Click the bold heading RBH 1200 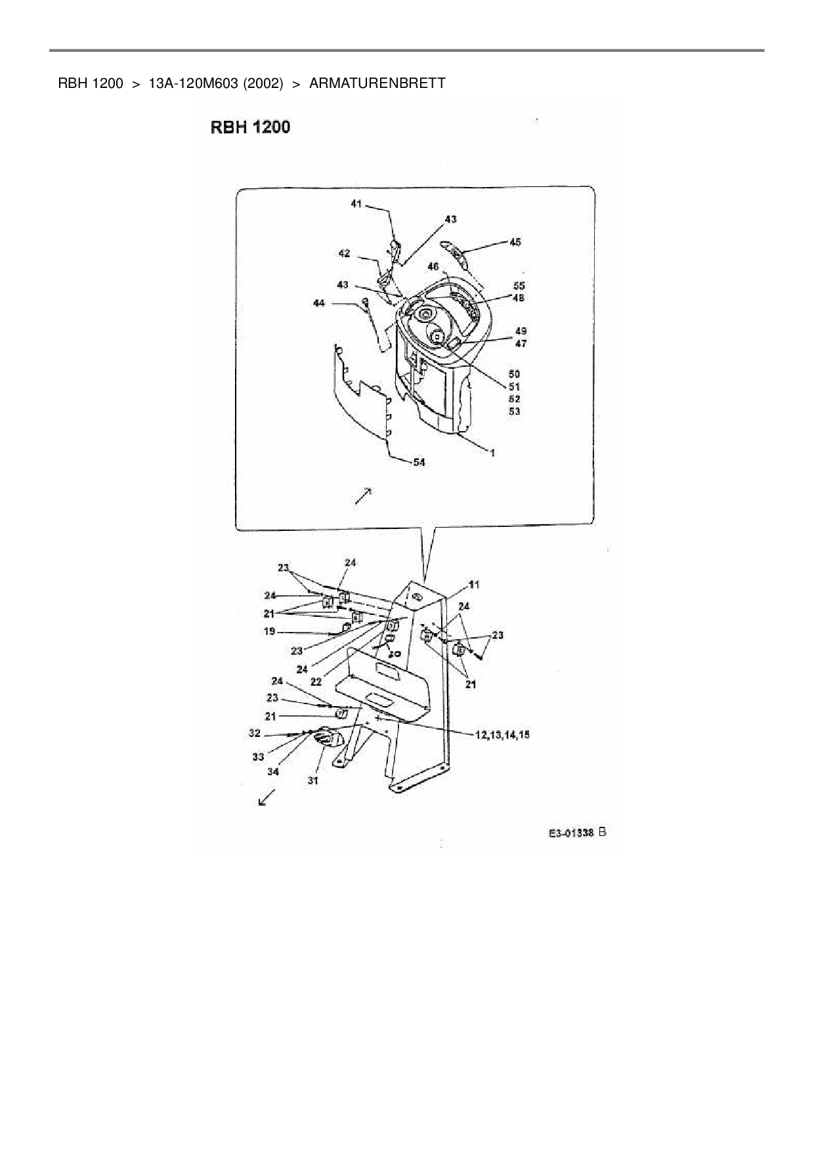pyautogui.click(x=250, y=127)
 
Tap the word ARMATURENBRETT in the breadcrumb pyautogui.click(x=377, y=83)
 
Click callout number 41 pyautogui.click(x=356, y=204)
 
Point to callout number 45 pyautogui.click(x=515, y=242)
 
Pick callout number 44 pyautogui.click(x=319, y=303)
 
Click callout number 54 pyautogui.click(x=419, y=462)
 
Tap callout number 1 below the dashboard pyautogui.click(x=492, y=453)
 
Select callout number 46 pyautogui.click(x=433, y=266)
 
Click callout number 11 pyautogui.click(x=474, y=583)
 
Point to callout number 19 pyautogui.click(x=270, y=632)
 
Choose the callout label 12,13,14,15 pyautogui.click(x=502, y=735)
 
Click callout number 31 pyautogui.click(x=313, y=780)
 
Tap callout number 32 pyautogui.click(x=254, y=733)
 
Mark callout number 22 pyautogui.click(x=316, y=682)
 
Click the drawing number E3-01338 pyautogui.click(x=571, y=833)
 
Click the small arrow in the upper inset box pyautogui.click(x=363, y=497)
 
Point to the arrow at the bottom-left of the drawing pyautogui.click(x=267, y=797)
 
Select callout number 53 pyautogui.click(x=515, y=411)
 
